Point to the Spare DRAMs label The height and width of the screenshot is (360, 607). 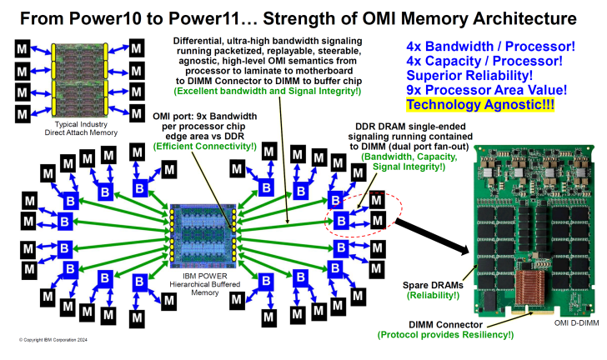pos(433,284)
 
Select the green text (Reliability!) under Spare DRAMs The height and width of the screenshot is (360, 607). pos(433,296)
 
